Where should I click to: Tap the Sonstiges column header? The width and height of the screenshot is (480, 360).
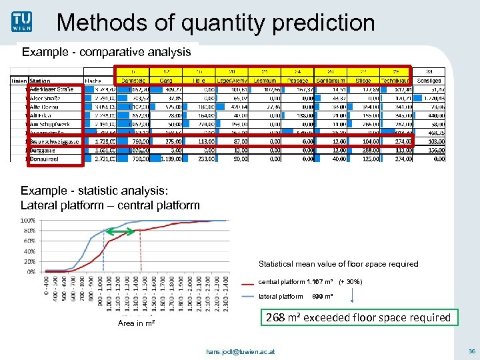429,81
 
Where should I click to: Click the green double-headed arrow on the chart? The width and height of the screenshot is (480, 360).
121,231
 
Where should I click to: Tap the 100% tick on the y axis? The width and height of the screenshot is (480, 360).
29,221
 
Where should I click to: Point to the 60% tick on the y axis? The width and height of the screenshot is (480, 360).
30,241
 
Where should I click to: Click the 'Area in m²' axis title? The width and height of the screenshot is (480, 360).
137,323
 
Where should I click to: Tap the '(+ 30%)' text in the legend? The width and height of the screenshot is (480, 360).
351,281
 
